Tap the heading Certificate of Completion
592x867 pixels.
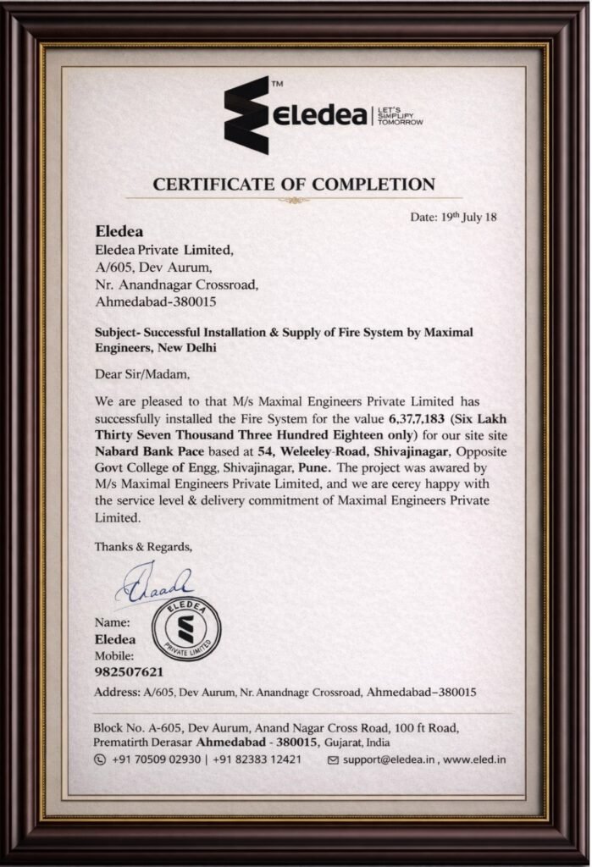coord(294,184)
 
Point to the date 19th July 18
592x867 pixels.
coord(454,217)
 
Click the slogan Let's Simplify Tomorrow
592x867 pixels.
coord(401,116)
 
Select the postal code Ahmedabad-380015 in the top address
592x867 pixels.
coord(158,301)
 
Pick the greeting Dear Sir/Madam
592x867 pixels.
coord(142,373)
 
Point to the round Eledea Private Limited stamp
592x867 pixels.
coord(185,631)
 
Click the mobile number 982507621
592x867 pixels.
coord(129,672)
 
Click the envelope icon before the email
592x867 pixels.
coord(333,759)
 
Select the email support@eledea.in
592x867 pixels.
coord(389,759)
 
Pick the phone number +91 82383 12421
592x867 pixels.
coord(257,759)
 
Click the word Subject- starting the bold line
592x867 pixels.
coord(119,333)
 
